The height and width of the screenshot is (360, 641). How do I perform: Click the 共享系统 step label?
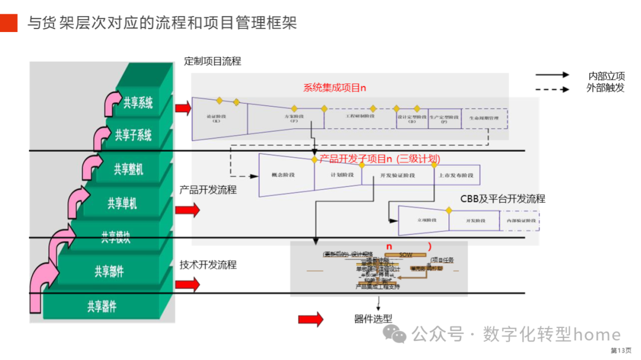coord(138,103)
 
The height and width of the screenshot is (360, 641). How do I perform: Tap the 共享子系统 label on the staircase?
coord(133,135)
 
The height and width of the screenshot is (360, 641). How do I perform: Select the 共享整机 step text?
coord(129,169)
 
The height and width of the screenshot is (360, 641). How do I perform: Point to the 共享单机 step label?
coord(122,203)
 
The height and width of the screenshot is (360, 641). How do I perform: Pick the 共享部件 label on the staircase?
coord(109,272)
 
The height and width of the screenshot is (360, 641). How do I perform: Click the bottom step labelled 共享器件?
coord(102,306)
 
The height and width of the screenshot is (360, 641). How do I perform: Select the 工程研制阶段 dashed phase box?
coord(360,117)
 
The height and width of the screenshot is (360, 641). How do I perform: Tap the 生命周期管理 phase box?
coord(484,118)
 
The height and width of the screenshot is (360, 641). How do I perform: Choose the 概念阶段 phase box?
coord(283,175)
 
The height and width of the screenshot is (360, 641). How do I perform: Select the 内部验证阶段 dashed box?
coord(520,220)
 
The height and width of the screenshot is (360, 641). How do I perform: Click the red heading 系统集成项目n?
coord(335,88)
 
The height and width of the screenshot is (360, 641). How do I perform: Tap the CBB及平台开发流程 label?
coord(502,199)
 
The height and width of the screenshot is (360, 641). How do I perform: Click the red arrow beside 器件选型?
coord(310,319)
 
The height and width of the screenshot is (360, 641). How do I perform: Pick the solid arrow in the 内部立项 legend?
coord(551,75)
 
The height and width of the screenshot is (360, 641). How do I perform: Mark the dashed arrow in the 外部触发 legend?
coord(551,89)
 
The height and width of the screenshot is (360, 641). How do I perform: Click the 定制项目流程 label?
coord(212,61)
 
